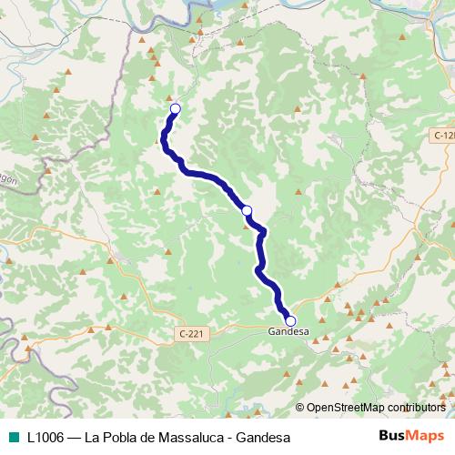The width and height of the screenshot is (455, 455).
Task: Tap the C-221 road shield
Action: point(190,334)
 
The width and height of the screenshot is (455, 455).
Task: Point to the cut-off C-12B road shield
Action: point(443,135)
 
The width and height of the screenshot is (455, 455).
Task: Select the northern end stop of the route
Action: point(176,109)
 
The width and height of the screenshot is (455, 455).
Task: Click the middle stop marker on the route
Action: point(247,210)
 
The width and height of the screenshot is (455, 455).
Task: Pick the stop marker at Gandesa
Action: point(290,320)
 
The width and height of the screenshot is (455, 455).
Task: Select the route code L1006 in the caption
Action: point(46,438)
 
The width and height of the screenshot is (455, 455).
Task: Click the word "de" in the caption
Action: point(141,438)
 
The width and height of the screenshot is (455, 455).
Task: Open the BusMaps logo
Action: point(411,437)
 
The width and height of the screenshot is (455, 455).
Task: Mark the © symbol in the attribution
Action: point(300,409)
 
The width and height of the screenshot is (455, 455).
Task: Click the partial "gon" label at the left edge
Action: point(7,180)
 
